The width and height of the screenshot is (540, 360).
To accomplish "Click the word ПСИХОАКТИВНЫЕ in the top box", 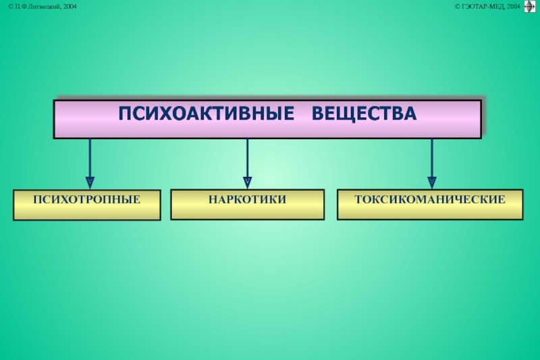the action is click(207, 114).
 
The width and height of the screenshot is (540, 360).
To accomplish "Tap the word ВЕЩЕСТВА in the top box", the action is click(364, 114).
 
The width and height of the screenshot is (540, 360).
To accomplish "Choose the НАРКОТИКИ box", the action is click(247, 204).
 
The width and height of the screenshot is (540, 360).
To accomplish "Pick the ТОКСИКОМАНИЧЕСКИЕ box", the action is click(430, 204).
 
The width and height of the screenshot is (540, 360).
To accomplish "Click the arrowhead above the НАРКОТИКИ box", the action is click(247, 182).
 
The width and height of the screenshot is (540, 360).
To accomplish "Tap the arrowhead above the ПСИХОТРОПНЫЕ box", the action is click(90, 182).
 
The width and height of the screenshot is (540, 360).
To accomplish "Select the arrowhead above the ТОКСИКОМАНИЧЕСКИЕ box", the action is click(432, 182).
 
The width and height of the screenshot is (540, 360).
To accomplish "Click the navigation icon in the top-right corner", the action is click(530, 7).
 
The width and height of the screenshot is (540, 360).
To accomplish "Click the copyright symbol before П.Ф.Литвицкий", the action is click(11, 6).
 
